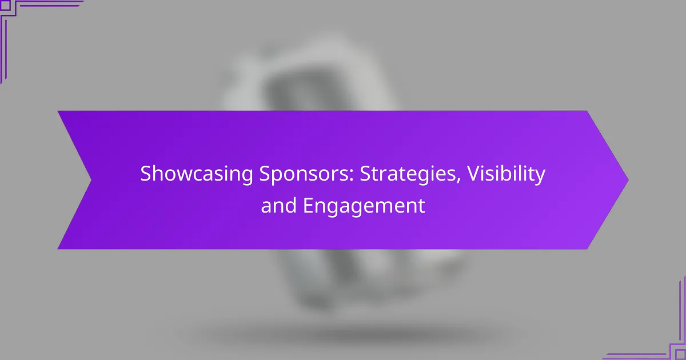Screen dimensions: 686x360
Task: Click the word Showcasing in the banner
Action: click(x=197, y=174)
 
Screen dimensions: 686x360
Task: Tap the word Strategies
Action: click(x=410, y=174)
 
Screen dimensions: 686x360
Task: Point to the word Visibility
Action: click(x=506, y=174)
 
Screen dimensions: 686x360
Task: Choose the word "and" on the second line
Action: click(x=279, y=205)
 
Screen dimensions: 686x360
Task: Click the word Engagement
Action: click(x=364, y=205)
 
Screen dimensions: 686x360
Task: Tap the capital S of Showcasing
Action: click(x=146, y=174)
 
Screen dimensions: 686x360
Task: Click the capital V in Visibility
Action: click(x=474, y=174)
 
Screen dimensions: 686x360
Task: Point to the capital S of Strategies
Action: click(x=366, y=174)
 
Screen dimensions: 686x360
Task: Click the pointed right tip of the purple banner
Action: click(x=628, y=180)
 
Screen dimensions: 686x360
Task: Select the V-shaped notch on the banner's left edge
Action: click(x=91, y=180)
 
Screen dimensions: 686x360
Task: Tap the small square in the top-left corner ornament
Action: click(x=5, y=5)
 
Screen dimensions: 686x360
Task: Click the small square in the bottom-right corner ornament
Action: click(x=680, y=355)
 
